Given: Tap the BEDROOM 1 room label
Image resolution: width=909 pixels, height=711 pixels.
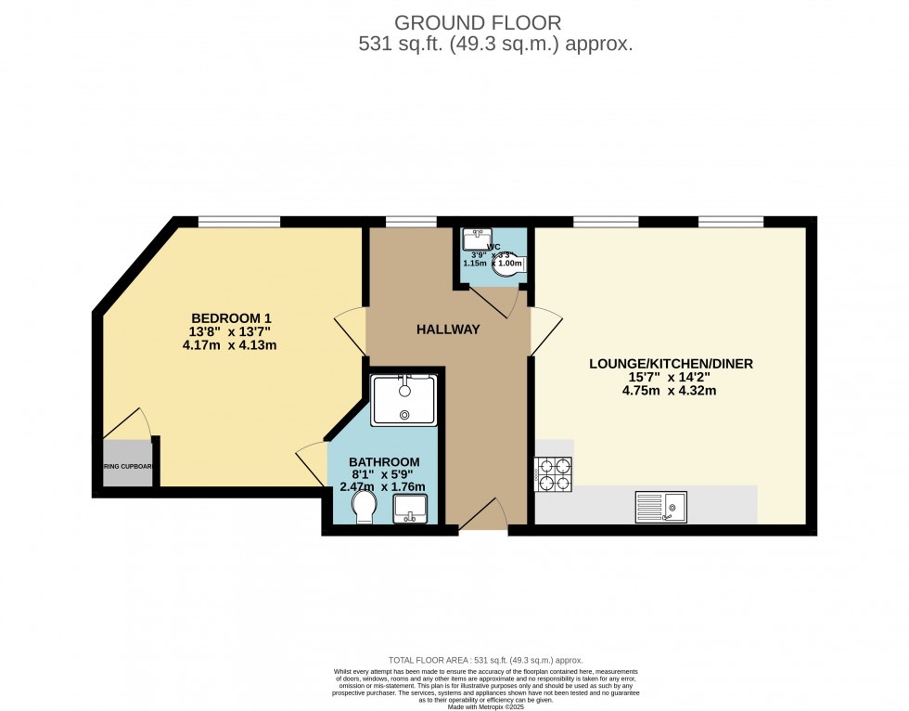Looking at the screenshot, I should click(x=231, y=317).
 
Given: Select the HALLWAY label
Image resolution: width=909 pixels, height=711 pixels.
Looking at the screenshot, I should click(x=448, y=330).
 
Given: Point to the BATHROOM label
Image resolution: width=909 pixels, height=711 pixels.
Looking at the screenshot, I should click(x=384, y=462).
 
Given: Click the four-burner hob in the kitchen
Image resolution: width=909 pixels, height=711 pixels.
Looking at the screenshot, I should click(x=553, y=473).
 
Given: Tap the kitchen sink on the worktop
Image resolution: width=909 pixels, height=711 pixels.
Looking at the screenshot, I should click(x=660, y=507).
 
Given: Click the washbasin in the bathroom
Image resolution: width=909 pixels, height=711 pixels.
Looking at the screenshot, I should click(x=409, y=509).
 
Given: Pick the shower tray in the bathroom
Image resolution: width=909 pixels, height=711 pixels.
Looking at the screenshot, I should click(x=403, y=400).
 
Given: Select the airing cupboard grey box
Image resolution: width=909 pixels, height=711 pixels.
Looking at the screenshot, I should click(x=128, y=466).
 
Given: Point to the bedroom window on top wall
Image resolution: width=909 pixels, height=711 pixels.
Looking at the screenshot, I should click(x=239, y=222).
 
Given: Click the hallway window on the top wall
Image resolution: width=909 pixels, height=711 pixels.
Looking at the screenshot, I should click(x=411, y=222).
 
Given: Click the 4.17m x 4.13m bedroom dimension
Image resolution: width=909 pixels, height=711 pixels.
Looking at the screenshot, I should click(x=230, y=345).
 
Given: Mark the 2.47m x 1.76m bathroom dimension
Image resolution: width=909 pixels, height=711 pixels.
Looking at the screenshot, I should click(x=384, y=487).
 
